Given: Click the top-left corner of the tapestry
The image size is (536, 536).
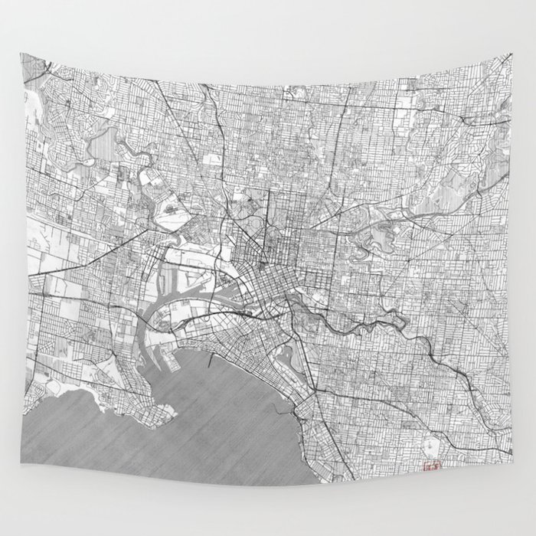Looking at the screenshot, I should tap(21, 54).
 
